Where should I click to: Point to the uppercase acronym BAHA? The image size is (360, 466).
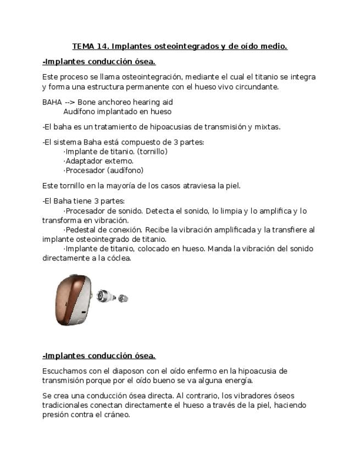(52, 102)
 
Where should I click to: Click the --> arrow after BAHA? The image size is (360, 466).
(70, 102)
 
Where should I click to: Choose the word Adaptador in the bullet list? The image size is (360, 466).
(83, 161)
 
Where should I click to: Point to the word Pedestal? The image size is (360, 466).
(82, 230)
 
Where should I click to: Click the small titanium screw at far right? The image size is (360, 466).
(123, 298)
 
